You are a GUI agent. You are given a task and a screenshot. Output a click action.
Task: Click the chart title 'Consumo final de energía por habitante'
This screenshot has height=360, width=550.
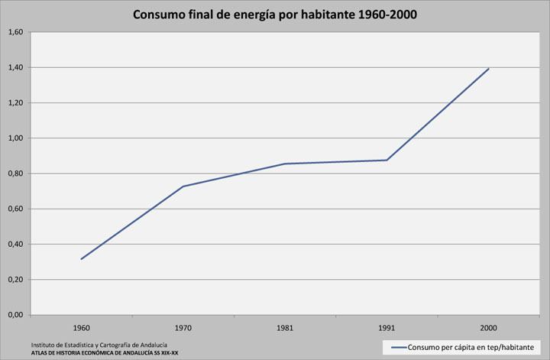click(x=275, y=15)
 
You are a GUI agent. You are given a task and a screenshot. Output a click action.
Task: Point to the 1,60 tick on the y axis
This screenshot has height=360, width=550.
click(x=15, y=32)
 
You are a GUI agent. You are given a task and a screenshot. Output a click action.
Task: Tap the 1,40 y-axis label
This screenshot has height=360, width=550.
click(x=15, y=67)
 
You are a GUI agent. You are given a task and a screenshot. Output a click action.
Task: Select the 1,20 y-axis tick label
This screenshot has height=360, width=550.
click(x=15, y=103)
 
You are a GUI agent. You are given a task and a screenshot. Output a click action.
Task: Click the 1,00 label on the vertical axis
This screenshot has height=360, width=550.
click(x=15, y=138)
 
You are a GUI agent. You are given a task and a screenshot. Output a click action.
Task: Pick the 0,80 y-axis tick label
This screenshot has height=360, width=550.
click(x=15, y=174)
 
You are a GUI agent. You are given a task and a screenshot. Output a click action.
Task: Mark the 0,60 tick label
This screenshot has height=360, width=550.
click(x=15, y=209)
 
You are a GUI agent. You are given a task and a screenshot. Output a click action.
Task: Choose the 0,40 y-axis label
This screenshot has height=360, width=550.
click(x=15, y=245)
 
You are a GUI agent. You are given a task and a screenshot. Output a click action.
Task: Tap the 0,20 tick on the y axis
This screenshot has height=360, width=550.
click(x=15, y=280)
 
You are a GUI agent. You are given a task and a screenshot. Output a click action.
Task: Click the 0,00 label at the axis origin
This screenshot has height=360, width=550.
click(x=15, y=315)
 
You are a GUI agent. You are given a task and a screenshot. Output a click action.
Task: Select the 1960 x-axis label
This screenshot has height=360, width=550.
click(x=81, y=328)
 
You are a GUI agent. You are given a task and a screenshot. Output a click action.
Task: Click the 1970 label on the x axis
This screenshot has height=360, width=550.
click(x=183, y=328)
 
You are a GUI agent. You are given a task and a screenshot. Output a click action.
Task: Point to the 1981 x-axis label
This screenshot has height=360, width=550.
click(x=285, y=328)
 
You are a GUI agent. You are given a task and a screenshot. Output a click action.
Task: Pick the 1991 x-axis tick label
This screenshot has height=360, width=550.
click(x=387, y=328)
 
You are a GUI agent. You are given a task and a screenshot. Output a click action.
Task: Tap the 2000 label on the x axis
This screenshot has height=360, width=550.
click(x=489, y=328)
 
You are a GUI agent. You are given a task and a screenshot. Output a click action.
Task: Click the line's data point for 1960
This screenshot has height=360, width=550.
click(x=81, y=259)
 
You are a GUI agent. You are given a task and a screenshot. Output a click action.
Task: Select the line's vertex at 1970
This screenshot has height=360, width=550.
click(x=183, y=186)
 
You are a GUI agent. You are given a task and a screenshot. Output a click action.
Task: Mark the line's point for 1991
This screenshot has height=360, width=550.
click(x=387, y=160)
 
